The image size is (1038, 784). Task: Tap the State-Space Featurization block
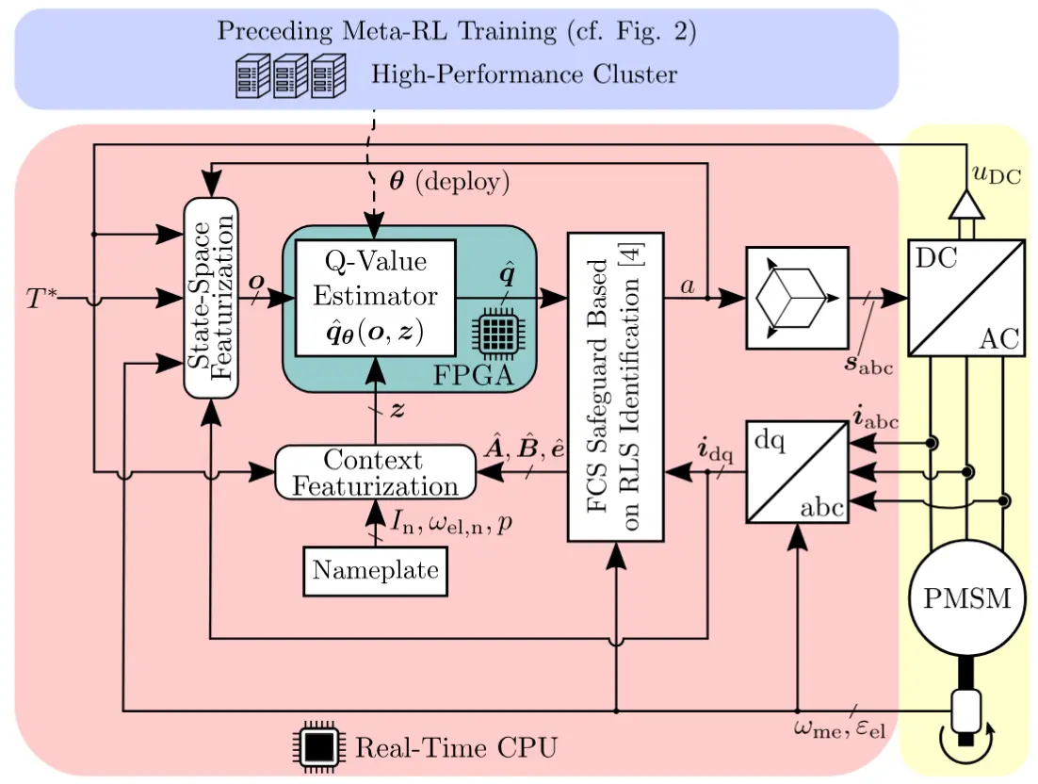pos(210,299)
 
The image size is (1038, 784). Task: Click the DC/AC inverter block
pos(965,299)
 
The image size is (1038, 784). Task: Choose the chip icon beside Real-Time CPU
pos(319,747)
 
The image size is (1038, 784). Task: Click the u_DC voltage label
pos(997,174)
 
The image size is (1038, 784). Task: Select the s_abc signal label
pos(868,361)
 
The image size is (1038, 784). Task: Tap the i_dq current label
pos(713,449)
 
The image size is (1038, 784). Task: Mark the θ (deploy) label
pos(448,182)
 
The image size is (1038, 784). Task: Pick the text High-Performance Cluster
pos(524,74)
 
